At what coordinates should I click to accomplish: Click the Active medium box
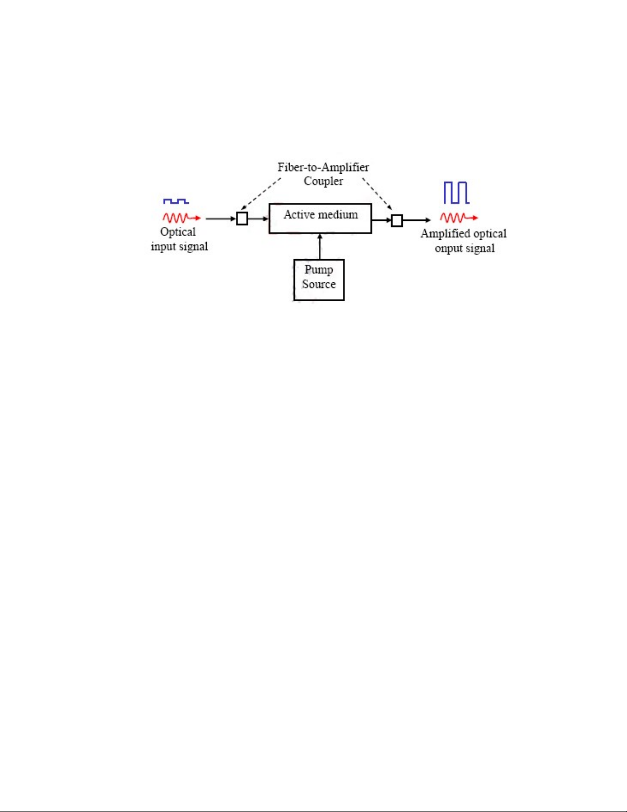coord(320,219)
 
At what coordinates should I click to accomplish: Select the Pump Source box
coord(318,280)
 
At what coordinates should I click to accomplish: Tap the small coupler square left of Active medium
coord(242,219)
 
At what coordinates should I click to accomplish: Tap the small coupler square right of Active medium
coord(397,221)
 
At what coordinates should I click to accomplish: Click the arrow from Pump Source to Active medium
coord(320,246)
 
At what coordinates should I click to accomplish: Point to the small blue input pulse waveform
coord(176,201)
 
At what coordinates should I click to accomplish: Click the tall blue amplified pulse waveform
coord(456,193)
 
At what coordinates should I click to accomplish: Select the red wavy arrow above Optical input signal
coord(181,218)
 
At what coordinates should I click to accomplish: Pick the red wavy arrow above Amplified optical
coord(459,218)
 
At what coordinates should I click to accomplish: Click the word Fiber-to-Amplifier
coord(323,168)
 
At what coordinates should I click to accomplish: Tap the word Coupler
coord(323,181)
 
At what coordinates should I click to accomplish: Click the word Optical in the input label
coord(178,232)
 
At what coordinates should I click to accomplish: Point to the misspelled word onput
coord(448,248)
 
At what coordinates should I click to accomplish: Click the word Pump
coord(318,270)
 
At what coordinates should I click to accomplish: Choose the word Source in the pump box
coord(318,284)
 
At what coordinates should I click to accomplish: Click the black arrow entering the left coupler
coord(221,219)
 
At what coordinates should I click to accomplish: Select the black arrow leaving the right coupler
coord(416,221)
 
